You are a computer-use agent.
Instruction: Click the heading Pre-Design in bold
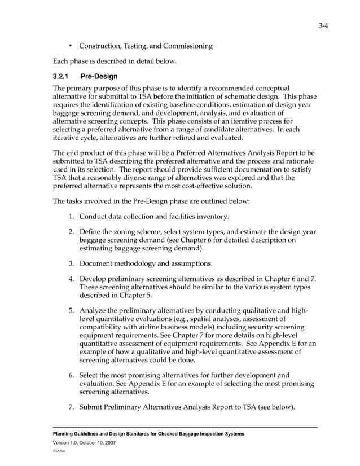click(99, 76)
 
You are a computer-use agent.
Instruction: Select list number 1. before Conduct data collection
click(72, 217)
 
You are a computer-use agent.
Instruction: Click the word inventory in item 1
click(210, 217)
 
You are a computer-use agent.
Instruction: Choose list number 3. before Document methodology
click(72, 263)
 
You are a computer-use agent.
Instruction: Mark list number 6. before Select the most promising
click(72, 375)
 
